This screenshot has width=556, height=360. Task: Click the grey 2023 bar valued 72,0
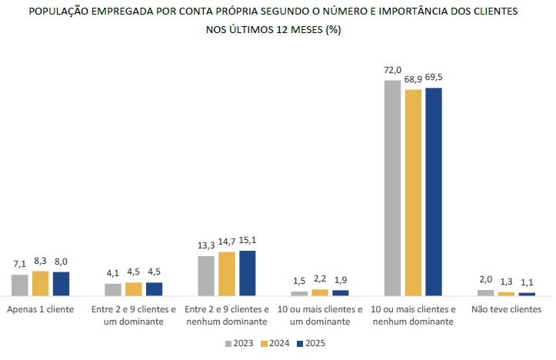click(x=392, y=188)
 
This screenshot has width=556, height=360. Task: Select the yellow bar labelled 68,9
click(x=413, y=192)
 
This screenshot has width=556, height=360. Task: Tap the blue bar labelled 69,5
click(x=434, y=192)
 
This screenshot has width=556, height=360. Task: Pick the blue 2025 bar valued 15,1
click(x=247, y=273)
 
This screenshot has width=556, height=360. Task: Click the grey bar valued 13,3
click(x=206, y=275)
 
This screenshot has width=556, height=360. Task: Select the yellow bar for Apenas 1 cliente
click(x=41, y=283)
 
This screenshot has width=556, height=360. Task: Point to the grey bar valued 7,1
click(x=20, y=285)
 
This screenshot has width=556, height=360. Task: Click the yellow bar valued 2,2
click(x=320, y=292)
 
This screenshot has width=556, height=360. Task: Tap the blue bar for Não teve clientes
click(x=527, y=294)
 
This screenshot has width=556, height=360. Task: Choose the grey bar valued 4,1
click(x=113, y=289)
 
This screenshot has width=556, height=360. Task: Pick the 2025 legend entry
click(x=309, y=343)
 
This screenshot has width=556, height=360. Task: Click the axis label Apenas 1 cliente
click(x=40, y=309)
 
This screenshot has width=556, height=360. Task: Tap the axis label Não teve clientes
click(x=506, y=309)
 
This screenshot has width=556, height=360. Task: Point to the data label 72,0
click(x=393, y=70)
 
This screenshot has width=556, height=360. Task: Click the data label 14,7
click(x=226, y=242)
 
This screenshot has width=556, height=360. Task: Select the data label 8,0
click(x=62, y=262)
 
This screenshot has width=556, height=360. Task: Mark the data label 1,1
click(x=527, y=282)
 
